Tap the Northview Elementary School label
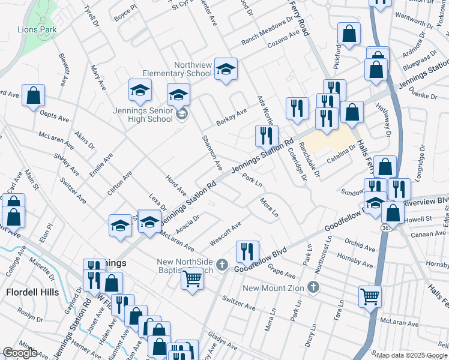click(x=193, y=69)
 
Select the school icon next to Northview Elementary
click(x=226, y=70)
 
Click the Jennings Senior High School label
click(x=142, y=115)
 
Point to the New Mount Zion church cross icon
click(x=312, y=287)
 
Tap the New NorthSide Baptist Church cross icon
click(x=221, y=265)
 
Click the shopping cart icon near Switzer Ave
click(x=192, y=278)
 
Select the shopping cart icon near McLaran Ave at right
click(x=370, y=296)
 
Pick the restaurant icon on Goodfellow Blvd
click(x=247, y=252)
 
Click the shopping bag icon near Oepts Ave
click(x=34, y=95)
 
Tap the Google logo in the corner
click(x=20, y=353)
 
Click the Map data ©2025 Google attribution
click(x=412, y=355)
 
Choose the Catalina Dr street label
click(x=342, y=159)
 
